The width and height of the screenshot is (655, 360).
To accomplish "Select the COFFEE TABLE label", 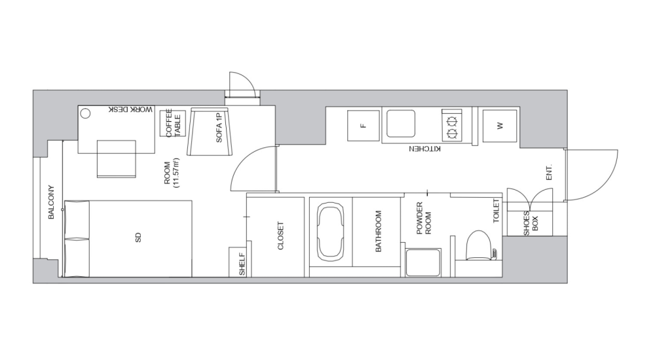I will [x=172, y=123].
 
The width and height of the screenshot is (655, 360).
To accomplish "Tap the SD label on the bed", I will [x=138, y=239].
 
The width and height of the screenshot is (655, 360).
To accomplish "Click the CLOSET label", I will [x=280, y=236].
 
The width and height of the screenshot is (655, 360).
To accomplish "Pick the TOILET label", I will [x=496, y=211].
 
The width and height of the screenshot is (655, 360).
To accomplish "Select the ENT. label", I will [x=550, y=172].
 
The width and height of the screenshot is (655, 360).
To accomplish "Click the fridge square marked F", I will [x=362, y=124].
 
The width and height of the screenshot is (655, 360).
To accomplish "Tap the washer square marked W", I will [x=499, y=125].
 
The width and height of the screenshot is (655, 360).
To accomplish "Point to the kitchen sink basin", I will [x=400, y=122].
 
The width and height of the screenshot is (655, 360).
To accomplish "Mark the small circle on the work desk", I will [x=86, y=113].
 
